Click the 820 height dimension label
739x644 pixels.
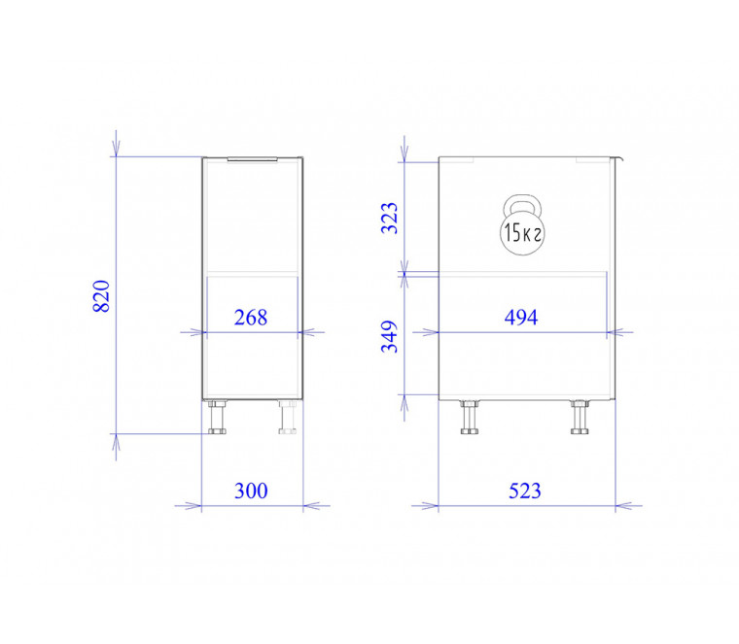coord(101,296)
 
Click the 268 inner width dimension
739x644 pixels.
coord(251,318)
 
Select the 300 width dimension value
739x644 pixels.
coord(251,491)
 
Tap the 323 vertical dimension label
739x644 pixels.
coord(390,219)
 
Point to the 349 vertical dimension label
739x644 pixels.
coord(390,337)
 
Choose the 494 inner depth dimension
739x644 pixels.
coord(521,318)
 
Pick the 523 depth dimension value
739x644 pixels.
coord(524,491)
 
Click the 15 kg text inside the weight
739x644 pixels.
coord(522,232)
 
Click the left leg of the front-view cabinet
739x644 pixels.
coord(217,418)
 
